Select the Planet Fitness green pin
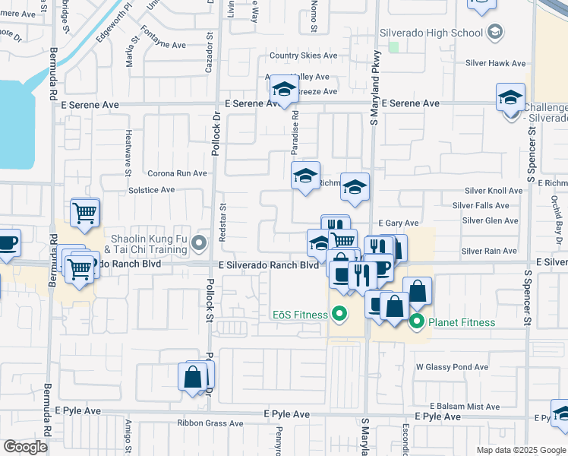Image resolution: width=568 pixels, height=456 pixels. pos(417,322)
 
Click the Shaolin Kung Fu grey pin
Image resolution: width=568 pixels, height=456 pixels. pos(199,243)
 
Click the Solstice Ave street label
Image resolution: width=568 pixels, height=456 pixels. pos(152,190)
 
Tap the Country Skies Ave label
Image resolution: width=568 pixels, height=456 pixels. pos(303,55)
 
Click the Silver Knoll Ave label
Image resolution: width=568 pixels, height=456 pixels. pos(494,191)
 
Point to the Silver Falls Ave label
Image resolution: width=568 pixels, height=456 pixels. pos(481,206)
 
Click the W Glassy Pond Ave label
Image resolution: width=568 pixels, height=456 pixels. pos(452,367)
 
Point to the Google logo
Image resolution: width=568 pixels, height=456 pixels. pos(26,447)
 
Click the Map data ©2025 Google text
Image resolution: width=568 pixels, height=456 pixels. pos(520,450)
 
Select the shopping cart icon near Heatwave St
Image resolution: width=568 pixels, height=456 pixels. pos(85,213)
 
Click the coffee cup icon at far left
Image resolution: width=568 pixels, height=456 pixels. pos(7,243)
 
